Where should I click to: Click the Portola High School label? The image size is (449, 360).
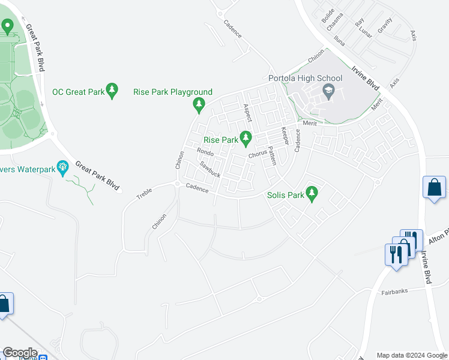click(306, 78)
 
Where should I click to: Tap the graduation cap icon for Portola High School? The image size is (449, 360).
click(328, 92)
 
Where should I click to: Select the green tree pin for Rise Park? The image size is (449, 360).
click(246, 139)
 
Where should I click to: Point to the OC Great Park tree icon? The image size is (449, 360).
click(112, 90)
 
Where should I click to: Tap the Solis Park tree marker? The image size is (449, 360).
click(311, 193)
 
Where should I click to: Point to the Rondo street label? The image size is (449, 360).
click(205, 152)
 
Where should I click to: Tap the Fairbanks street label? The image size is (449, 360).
click(394, 292)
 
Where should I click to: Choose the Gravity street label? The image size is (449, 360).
click(385, 26)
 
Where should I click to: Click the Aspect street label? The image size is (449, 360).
click(246, 112)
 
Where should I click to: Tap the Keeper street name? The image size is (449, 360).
click(285, 136)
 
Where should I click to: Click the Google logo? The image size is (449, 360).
click(20, 353)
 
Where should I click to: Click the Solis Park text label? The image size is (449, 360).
click(285, 195)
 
